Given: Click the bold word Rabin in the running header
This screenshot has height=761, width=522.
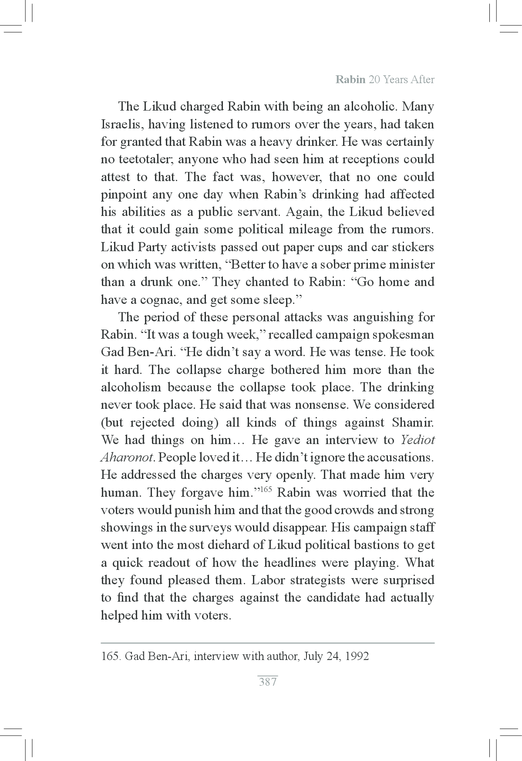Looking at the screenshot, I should tap(350, 80).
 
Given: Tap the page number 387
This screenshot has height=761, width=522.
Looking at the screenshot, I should tap(268, 682).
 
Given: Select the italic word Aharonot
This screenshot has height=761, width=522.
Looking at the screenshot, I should tap(126, 458).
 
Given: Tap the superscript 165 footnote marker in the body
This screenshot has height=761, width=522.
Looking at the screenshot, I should tap(266, 489).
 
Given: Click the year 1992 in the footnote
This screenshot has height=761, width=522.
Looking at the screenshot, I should tap(356, 656).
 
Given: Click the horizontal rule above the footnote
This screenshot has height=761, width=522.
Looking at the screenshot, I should tap(268, 643).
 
